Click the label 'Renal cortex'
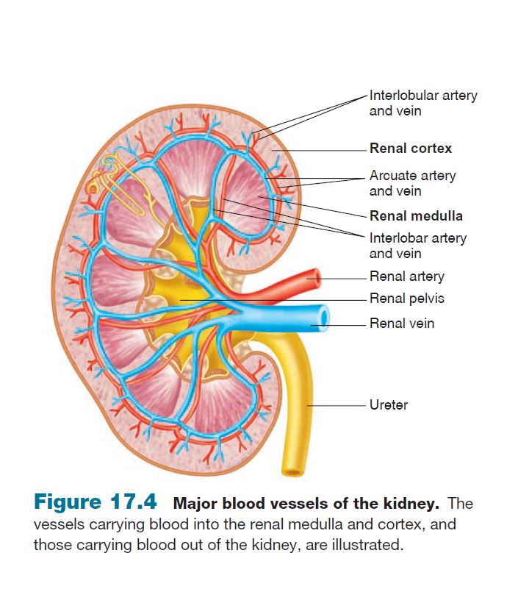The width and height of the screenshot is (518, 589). [410, 149]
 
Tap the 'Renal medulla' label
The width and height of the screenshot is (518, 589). [416, 216]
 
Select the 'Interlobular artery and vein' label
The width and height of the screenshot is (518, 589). [422, 103]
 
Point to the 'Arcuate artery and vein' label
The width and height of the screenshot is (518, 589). [411, 183]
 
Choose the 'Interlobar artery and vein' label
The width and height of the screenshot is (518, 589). [417, 246]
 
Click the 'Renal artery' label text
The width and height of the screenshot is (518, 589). [406, 276]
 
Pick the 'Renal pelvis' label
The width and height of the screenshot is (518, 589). [406, 299]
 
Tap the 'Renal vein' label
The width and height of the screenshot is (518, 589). [401, 323]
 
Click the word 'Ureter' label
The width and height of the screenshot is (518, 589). [389, 405]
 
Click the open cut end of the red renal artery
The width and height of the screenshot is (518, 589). [315, 277]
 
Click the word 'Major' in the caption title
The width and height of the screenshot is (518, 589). [193, 504]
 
